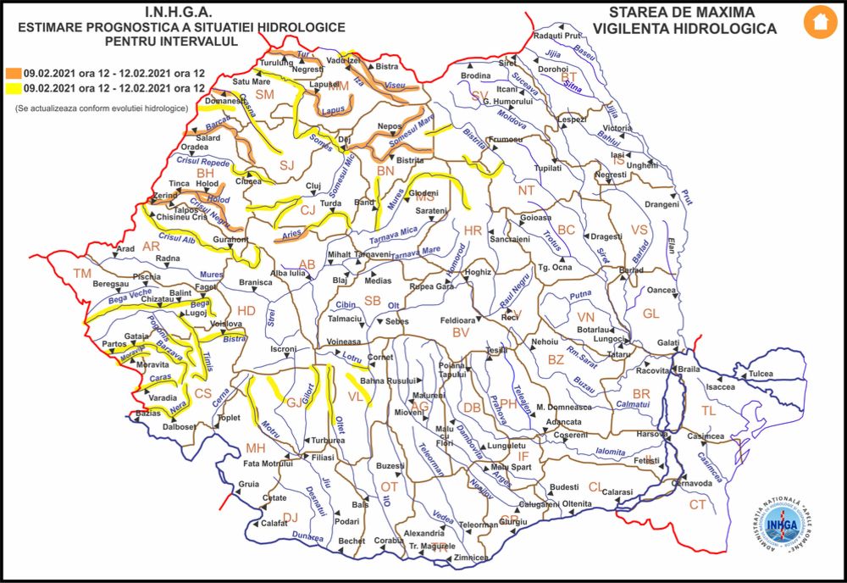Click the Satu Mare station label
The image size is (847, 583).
tap(252, 81)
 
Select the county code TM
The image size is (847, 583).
tap(81, 273)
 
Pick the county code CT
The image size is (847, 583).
tap(697, 505)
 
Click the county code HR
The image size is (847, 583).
tap(472, 230)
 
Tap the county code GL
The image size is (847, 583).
tap(650, 314)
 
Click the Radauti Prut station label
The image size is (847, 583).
tap(559, 36)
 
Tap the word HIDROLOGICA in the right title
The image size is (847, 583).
tap(728, 29)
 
